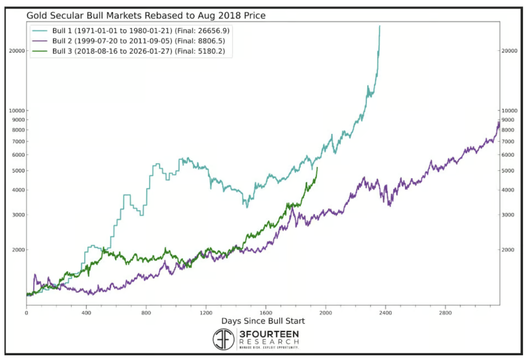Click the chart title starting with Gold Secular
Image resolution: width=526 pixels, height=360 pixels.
(146, 16)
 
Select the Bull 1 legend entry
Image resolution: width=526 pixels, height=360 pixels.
(132, 31)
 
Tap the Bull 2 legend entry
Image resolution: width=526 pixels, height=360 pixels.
(132, 41)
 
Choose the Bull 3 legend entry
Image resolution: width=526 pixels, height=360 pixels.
(132, 51)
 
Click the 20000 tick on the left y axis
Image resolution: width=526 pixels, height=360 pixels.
(17, 51)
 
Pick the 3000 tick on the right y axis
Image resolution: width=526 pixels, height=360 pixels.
(507, 215)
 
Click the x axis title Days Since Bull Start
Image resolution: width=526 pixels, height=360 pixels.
(263, 321)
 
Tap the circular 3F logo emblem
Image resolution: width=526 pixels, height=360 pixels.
(223, 339)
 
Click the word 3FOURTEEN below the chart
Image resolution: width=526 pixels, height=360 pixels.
(269, 334)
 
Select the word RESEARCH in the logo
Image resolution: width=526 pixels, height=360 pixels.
(269, 342)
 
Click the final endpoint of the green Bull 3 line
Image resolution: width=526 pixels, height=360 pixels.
(317, 168)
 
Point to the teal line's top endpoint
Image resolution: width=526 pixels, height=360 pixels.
(379, 26)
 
